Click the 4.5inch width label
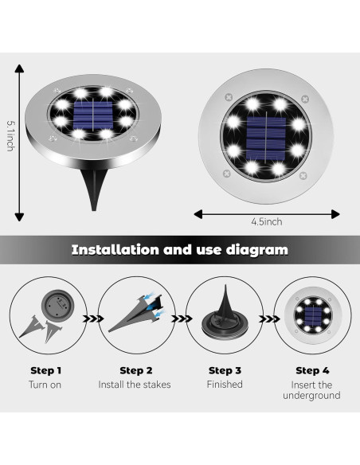pos(266,222)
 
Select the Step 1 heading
pos(46,370)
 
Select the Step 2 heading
pos(136,370)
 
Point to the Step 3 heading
pos(225,370)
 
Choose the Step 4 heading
pos(312,370)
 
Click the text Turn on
pos(46,384)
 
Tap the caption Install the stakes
pos(136,384)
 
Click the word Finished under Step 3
pos(225,384)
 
